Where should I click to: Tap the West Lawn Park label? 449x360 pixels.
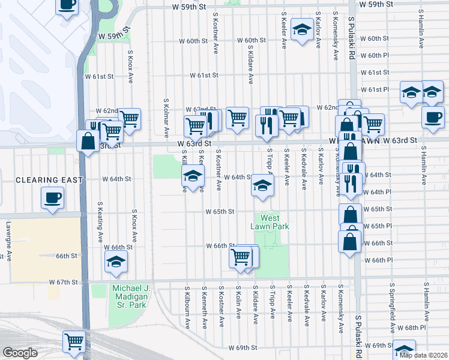coord(270,222)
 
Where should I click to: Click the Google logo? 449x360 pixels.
coord(20,353)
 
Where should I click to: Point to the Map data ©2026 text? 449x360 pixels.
coord(423,355)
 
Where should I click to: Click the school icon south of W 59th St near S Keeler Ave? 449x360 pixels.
coord(300,29)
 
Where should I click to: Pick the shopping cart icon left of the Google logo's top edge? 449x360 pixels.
coord(74,341)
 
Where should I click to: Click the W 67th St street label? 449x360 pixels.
coord(64,282)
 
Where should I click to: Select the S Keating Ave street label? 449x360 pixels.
coord(100,221)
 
